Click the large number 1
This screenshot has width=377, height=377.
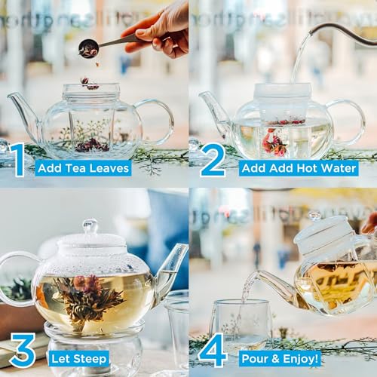coord(17,160)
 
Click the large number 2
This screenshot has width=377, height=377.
coord(213,160)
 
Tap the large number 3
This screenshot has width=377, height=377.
coord(22,351)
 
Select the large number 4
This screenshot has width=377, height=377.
coord(213,351)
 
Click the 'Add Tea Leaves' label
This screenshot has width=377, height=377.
coord(83,167)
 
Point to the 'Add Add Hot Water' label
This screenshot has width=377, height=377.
coord(298,167)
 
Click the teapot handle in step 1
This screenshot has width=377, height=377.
coord(160,121)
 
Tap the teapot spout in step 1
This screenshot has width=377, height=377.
coord(18,106)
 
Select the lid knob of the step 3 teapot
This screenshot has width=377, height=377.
coord(90,225)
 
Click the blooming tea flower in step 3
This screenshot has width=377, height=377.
coord(89,294)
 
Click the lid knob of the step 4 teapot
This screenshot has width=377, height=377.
coord(314,216)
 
